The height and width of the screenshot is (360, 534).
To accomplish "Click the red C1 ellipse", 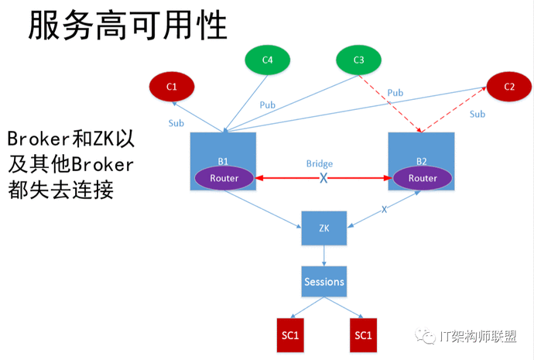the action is click(172, 87).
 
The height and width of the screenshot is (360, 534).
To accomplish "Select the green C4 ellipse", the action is click(267, 60).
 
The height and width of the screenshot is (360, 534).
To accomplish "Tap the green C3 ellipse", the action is click(358, 60).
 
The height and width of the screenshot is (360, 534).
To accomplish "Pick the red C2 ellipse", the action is click(509, 87).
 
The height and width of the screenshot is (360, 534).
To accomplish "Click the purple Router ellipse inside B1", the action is click(224, 178).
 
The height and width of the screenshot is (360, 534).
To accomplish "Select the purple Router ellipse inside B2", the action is click(423, 178).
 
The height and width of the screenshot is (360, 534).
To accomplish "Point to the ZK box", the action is click(323, 228).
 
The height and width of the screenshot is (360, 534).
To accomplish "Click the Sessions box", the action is click(323, 281).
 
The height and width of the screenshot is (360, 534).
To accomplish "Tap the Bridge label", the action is click(320, 164).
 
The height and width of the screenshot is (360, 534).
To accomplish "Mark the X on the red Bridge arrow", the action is click(323, 178).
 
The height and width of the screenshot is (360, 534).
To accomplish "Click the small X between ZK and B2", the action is click(384, 210).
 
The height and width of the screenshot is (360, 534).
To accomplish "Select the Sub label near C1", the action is click(176, 123).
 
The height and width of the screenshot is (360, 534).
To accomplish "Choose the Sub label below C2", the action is click(478, 114).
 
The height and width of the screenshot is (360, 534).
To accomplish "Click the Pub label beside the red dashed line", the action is click(395, 93).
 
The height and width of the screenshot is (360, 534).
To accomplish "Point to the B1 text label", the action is click(223, 161).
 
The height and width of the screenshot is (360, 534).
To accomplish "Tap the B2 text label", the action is click(422, 161).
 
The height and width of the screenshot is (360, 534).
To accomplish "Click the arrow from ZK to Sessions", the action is click(323, 255).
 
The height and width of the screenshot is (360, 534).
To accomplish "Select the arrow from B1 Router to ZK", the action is click(262, 209).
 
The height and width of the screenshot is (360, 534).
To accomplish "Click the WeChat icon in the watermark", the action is click(425, 336).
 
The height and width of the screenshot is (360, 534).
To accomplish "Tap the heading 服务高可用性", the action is click(128, 25).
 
